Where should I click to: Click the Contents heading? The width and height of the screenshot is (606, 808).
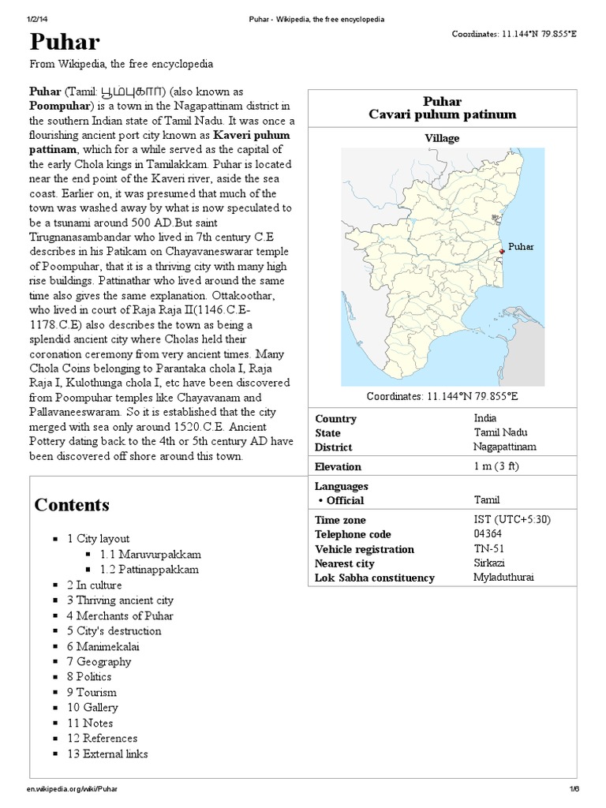72,505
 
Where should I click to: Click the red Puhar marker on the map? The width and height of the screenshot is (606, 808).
502,252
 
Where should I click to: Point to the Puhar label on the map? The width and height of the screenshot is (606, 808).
521,247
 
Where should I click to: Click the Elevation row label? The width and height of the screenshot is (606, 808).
338,466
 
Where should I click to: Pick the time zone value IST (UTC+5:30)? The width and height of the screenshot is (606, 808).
511,520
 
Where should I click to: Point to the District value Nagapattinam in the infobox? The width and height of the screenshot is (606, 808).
505,447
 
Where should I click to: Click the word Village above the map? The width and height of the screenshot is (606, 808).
442,138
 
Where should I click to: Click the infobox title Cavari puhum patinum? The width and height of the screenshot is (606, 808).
442,115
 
